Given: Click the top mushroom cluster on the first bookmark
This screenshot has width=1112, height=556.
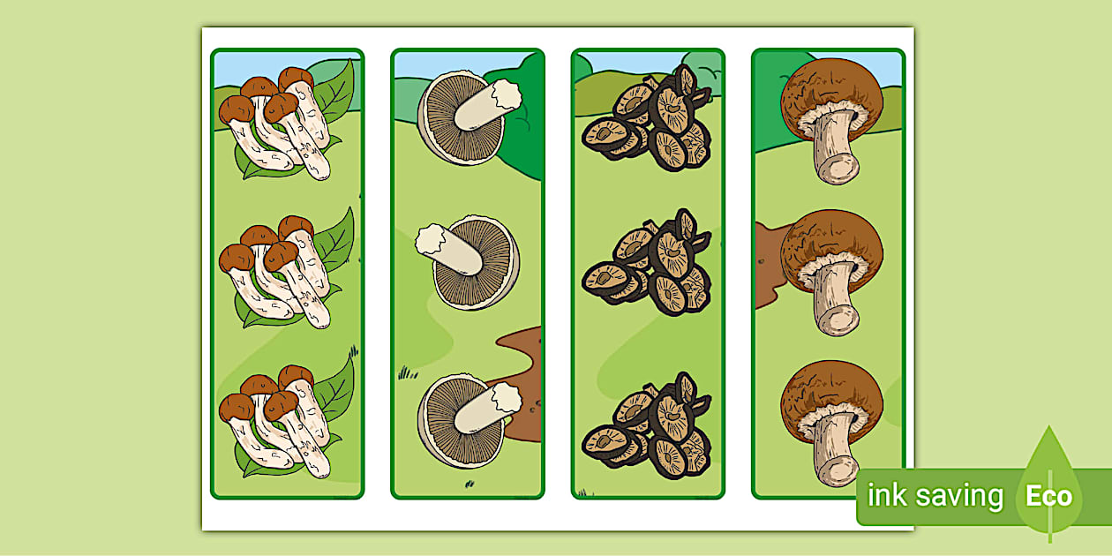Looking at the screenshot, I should pos(275,124).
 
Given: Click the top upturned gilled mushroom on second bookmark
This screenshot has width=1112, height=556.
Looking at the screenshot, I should pos(463,119).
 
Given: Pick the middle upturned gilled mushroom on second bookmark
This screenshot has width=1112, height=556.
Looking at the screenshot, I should pos(468,261).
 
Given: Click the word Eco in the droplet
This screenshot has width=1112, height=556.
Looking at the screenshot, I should pos(1048,496).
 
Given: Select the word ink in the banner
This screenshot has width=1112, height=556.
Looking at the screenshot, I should pos(887,496).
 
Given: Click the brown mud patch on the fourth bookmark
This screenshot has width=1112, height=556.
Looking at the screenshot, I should pos(766,265).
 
